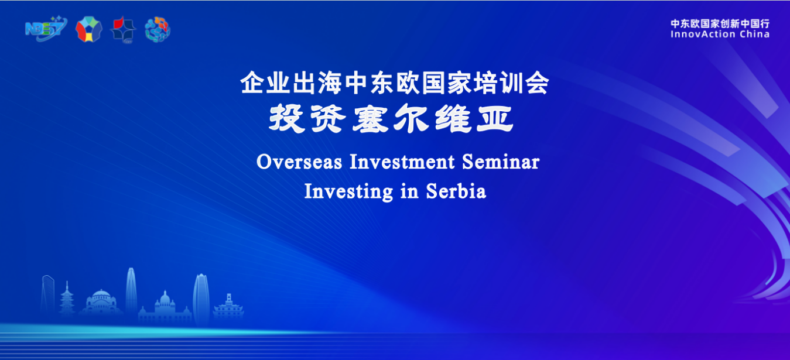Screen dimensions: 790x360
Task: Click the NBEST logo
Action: click(46, 29)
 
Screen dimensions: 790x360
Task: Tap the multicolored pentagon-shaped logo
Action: click(89, 29)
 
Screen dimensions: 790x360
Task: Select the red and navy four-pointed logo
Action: click(123, 30)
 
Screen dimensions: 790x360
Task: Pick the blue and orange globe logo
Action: click(158, 30)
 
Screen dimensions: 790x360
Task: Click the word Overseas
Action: click(299, 162)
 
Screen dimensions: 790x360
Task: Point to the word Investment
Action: click(402, 162)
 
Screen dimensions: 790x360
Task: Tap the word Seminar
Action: click(501, 162)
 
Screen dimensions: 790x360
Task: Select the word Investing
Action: click(348, 192)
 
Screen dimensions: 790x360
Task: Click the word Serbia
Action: click(456, 191)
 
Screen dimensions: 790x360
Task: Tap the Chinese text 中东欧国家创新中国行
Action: click(720, 23)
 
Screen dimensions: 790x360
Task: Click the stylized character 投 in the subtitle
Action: click(286, 118)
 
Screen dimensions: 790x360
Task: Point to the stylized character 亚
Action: click(495, 118)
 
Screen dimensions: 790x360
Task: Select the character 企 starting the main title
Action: click(252, 83)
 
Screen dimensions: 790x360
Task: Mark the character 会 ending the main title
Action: click(537, 83)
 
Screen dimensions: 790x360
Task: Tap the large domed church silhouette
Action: click(101, 302)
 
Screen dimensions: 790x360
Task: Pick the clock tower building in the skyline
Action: click(228, 306)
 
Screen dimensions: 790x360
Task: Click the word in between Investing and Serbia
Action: click(409, 191)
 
